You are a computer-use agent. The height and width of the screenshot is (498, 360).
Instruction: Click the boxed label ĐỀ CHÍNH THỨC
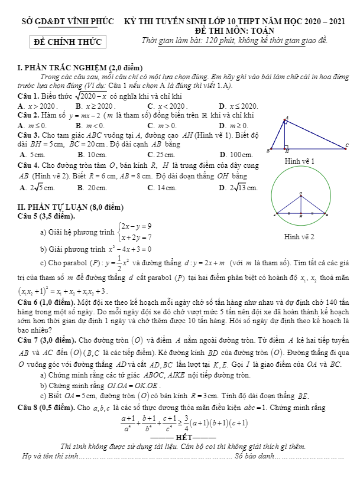point(67,42)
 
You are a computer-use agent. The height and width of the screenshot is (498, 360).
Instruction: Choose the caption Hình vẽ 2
point(299,237)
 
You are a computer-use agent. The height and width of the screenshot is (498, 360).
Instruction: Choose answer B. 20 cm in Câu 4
point(92,188)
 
